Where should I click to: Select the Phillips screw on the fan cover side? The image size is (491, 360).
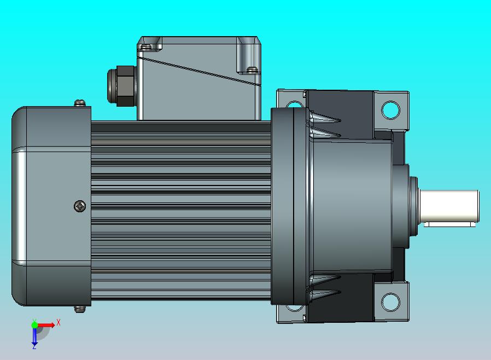80,206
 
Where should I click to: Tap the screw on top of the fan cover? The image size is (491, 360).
80,102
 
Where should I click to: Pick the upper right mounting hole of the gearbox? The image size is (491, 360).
390,110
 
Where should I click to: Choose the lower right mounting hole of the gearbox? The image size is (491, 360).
390,301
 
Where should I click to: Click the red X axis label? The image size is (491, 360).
59,323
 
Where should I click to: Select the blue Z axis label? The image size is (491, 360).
34,346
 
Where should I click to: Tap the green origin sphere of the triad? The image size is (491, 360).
35,325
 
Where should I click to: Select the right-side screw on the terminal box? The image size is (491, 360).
252,69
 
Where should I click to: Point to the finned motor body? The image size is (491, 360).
180,208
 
